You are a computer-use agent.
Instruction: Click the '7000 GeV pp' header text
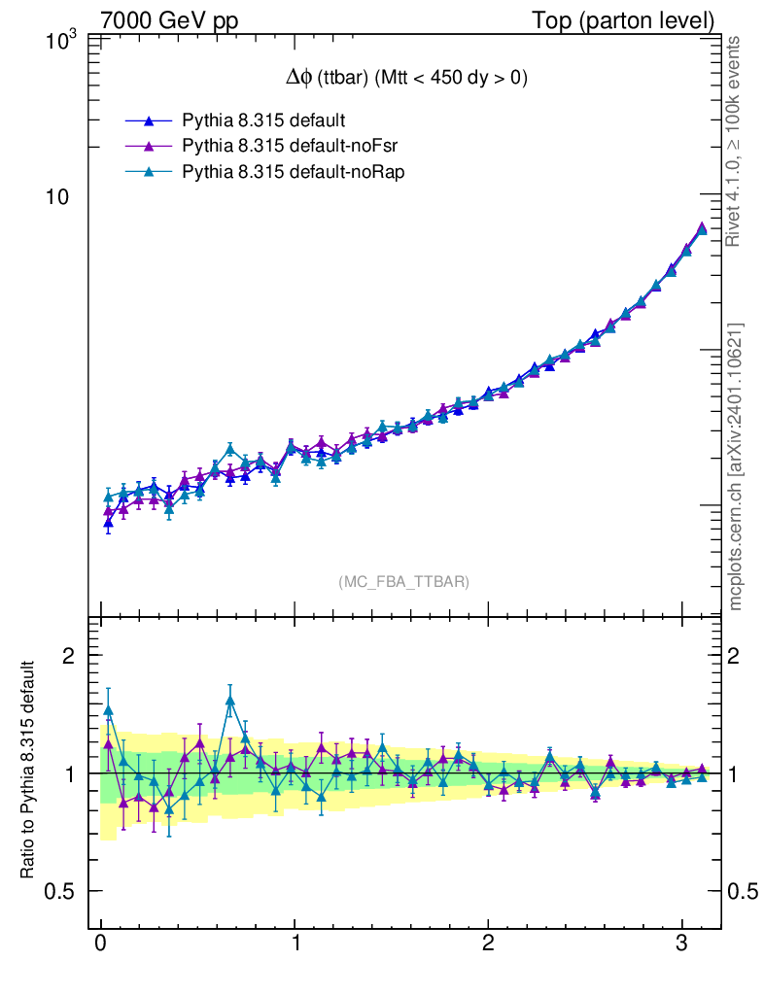tap(171, 19)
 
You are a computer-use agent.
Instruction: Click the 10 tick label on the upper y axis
tap(64, 197)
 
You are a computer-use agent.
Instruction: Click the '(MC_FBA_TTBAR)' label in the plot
tap(403, 582)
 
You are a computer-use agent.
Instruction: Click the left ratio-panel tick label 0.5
tap(63, 891)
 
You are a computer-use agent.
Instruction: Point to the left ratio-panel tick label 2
tap(69, 656)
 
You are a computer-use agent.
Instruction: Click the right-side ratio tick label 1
tap(738, 773)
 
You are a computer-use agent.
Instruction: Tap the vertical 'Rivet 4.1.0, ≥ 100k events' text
tap(735, 141)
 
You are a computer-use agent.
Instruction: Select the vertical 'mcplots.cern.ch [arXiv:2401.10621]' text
tap(736, 466)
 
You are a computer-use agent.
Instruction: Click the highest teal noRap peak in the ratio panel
tap(230, 701)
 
